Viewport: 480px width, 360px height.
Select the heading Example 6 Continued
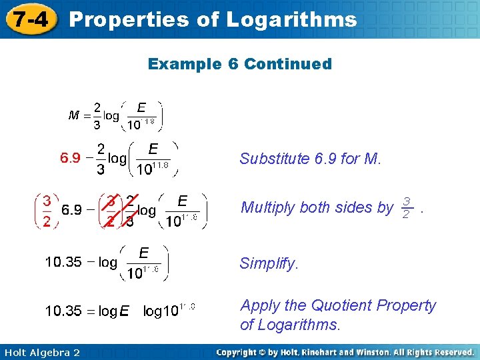click(x=239, y=64)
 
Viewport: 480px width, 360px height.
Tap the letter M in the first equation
click(x=75, y=115)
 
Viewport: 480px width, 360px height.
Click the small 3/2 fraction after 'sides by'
click(x=407, y=207)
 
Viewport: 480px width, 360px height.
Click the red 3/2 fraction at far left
click(x=47, y=211)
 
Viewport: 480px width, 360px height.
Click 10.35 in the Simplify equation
click(x=63, y=262)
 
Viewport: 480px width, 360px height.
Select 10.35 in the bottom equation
click(x=63, y=311)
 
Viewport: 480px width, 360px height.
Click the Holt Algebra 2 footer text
click(x=41, y=352)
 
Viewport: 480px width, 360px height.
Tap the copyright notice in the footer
click(x=345, y=352)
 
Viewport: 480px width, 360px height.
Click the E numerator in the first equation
click(x=141, y=107)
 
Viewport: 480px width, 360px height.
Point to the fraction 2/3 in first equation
click(x=97, y=115)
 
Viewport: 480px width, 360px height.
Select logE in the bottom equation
click(x=115, y=311)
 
